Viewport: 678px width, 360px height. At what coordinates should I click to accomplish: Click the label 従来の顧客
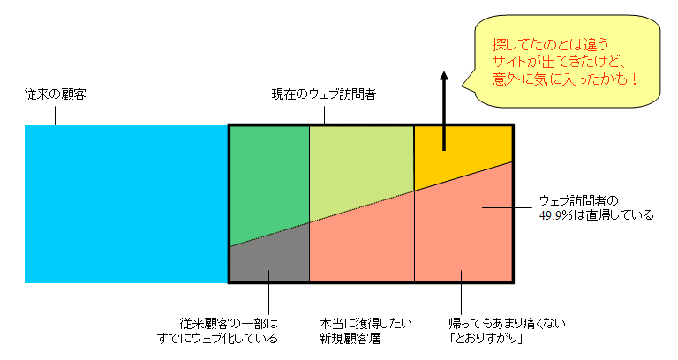tap(56, 94)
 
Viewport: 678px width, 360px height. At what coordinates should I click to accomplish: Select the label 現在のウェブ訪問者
tap(324, 94)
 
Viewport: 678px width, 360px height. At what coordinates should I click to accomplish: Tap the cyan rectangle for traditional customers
tap(126, 204)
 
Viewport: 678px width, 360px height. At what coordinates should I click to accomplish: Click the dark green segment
tap(268, 182)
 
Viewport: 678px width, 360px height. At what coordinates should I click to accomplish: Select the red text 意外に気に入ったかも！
tap(565, 79)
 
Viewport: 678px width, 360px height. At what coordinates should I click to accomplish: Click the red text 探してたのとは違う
tap(551, 44)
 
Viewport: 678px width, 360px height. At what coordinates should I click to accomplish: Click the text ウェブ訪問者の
tap(579, 201)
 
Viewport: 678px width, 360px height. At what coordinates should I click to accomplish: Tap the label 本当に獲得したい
tap(365, 323)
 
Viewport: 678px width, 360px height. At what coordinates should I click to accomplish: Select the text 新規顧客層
tap(350, 339)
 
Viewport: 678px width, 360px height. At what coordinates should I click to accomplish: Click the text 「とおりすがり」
tap(486, 339)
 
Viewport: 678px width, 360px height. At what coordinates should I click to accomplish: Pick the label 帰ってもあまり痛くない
tap(507, 323)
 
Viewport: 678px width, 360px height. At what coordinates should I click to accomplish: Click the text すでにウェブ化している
tap(217, 339)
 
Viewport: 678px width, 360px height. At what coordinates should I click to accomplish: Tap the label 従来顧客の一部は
tap(229, 323)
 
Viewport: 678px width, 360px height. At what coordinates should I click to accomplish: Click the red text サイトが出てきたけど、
tap(559, 62)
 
